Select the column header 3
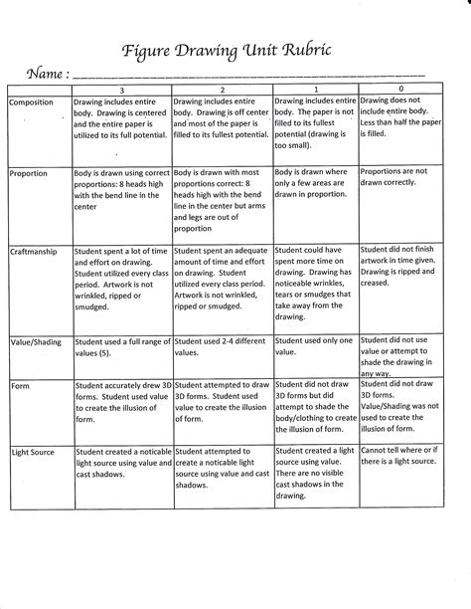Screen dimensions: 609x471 pyautogui.click(x=121, y=90)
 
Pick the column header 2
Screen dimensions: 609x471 pyautogui.click(x=222, y=90)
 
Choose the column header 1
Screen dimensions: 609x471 pyautogui.click(x=314, y=90)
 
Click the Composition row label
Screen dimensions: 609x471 pyautogui.click(x=34, y=101)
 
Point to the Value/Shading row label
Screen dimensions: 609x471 pyautogui.click(x=37, y=341)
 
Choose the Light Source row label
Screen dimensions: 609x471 pyautogui.click(x=34, y=452)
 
